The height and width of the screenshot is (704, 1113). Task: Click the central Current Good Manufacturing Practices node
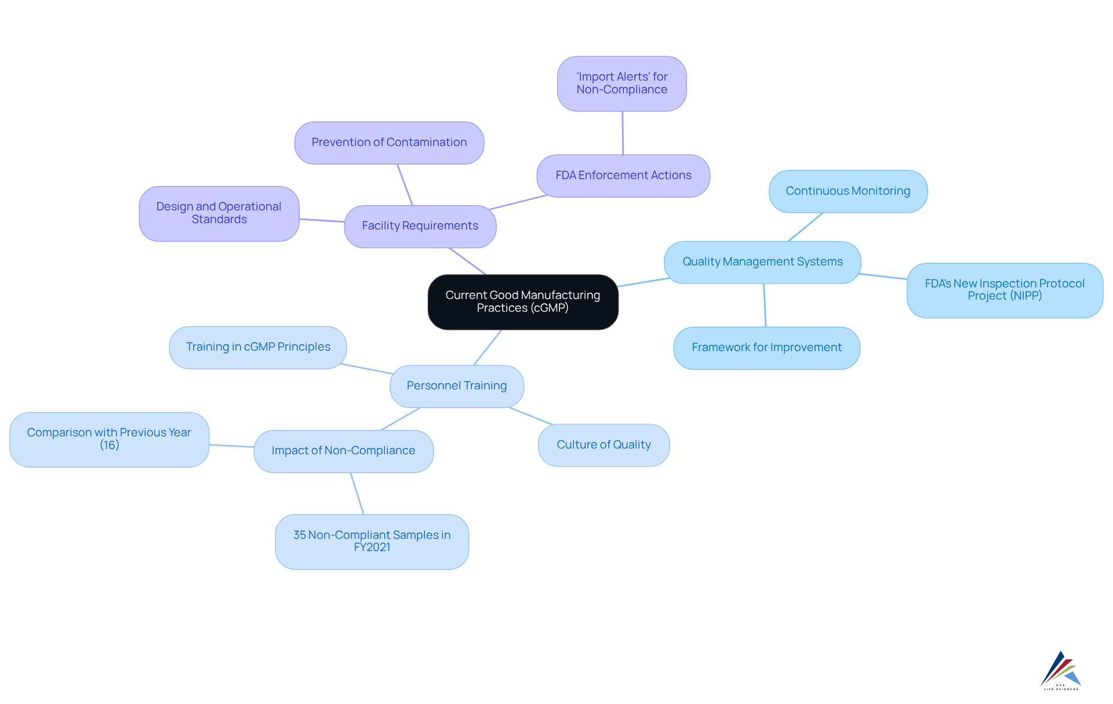(522, 302)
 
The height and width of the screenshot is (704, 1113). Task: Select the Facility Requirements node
(420, 226)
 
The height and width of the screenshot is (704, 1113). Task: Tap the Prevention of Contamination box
(389, 143)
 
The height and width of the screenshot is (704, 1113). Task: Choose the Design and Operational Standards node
(219, 213)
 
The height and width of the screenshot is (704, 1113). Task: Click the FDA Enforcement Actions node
(623, 176)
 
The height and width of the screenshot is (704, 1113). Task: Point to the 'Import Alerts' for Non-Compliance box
(621, 83)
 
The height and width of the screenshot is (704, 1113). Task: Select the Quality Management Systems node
(762, 262)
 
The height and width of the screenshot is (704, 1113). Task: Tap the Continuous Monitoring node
(848, 191)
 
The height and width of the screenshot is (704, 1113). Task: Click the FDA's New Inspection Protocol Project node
(1004, 290)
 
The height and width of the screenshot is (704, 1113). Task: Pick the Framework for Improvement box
(766, 348)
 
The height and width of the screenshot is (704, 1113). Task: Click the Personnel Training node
(457, 386)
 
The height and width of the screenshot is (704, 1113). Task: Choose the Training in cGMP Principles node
(258, 347)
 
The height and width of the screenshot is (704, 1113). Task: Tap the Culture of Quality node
(603, 445)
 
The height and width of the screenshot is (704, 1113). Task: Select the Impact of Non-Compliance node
(343, 451)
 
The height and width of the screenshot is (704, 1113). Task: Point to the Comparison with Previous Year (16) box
(109, 439)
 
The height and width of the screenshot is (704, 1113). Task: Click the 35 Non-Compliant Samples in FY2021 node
(372, 541)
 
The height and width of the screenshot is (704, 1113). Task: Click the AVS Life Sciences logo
(1060, 670)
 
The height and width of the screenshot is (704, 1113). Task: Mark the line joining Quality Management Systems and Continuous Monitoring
(805, 227)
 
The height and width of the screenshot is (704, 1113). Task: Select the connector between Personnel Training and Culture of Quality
(531, 416)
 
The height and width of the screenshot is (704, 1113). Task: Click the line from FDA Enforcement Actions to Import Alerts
(623, 133)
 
